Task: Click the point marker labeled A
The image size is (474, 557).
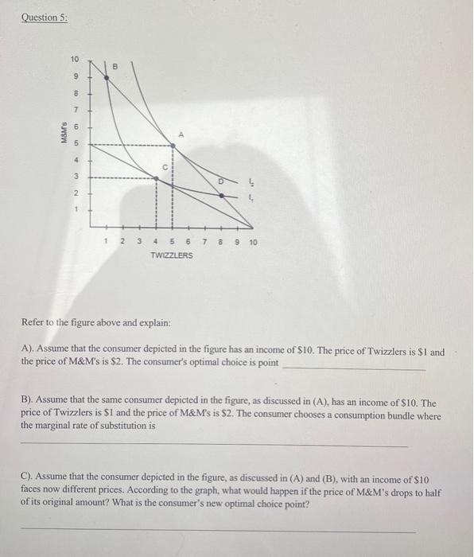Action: click(175, 144)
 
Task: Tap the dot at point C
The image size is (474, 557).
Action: click(157, 179)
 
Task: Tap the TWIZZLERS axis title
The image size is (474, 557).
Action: click(171, 255)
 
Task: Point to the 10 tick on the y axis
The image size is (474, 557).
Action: click(75, 60)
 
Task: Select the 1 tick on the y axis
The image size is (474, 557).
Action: click(76, 210)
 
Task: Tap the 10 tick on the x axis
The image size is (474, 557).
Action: click(253, 241)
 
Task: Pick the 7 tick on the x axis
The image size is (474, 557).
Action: click(204, 241)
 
